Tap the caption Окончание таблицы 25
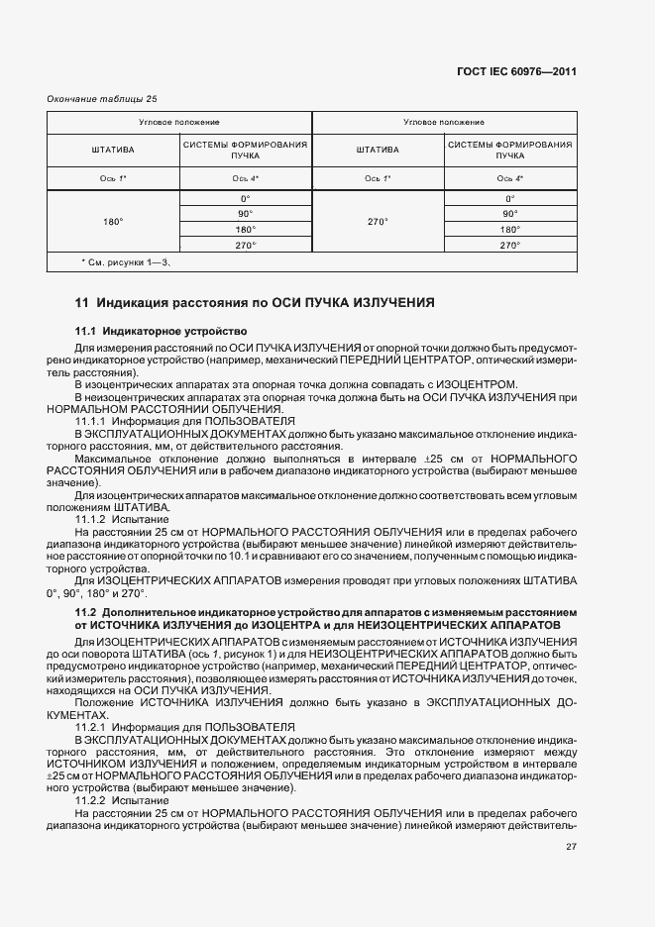[x=102, y=98]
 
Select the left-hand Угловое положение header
[x=179, y=122]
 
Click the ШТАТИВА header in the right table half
[x=377, y=150]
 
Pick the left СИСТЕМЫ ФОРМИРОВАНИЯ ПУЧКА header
[x=245, y=150]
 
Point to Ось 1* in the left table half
[x=113, y=178]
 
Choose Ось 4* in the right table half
[x=510, y=178]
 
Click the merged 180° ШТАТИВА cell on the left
[x=113, y=221]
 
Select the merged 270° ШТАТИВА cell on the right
[x=377, y=221]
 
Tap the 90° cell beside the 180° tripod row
[x=245, y=213]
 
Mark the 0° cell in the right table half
[x=510, y=198]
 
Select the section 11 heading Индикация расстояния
[x=255, y=301]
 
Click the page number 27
[x=571, y=847]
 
